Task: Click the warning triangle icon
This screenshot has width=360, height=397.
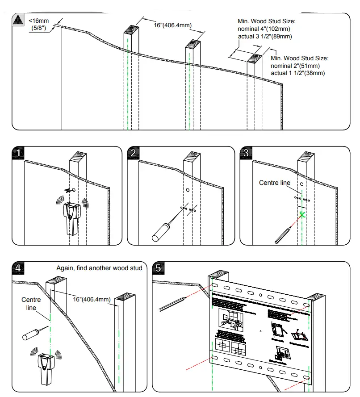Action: pyautogui.click(x=17, y=20)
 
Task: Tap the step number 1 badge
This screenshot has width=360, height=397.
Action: pyautogui.click(x=17, y=153)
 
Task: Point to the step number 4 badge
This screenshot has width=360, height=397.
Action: pyautogui.click(x=17, y=268)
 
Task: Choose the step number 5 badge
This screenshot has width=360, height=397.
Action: pyautogui.click(x=159, y=268)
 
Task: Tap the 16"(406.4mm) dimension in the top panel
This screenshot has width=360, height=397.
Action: pyautogui.click(x=173, y=25)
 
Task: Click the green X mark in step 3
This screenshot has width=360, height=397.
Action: pyautogui.click(x=302, y=215)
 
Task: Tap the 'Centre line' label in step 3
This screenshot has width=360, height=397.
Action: pyautogui.click(x=275, y=183)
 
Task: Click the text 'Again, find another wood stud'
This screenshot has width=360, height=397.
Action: pyautogui.click(x=99, y=268)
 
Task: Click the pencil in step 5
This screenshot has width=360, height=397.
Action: pyautogui.click(x=172, y=303)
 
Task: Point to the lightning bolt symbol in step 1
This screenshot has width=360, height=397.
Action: pyautogui.click(x=68, y=190)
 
